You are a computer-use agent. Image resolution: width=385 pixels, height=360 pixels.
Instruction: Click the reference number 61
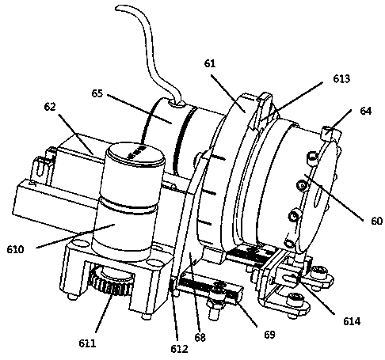click(x=210, y=63)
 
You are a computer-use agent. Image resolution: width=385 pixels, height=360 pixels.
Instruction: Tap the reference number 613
click(x=341, y=79)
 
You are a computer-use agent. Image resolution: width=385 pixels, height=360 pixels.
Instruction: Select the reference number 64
click(x=365, y=111)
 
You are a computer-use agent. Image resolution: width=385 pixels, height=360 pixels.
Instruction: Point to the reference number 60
click(x=376, y=221)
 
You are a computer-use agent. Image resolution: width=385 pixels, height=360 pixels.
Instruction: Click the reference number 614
click(x=352, y=321)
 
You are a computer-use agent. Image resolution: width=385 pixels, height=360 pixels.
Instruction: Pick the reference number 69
click(x=269, y=335)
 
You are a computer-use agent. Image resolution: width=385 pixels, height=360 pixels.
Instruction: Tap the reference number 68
click(x=200, y=337)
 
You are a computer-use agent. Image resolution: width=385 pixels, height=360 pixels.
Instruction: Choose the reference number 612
click(x=179, y=349)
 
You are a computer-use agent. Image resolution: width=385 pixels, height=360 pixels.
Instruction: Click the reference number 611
click(x=87, y=343)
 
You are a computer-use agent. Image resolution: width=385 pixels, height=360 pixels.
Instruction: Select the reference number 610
click(x=15, y=249)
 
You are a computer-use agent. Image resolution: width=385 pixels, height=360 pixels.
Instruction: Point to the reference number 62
click(x=50, y=107)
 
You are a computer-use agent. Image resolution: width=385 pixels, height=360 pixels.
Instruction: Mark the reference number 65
click(x=97, y=93)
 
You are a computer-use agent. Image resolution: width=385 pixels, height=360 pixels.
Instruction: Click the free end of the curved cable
click(x=116, y=9)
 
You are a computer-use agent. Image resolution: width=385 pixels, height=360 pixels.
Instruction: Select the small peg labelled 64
click(x=326, y=132)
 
